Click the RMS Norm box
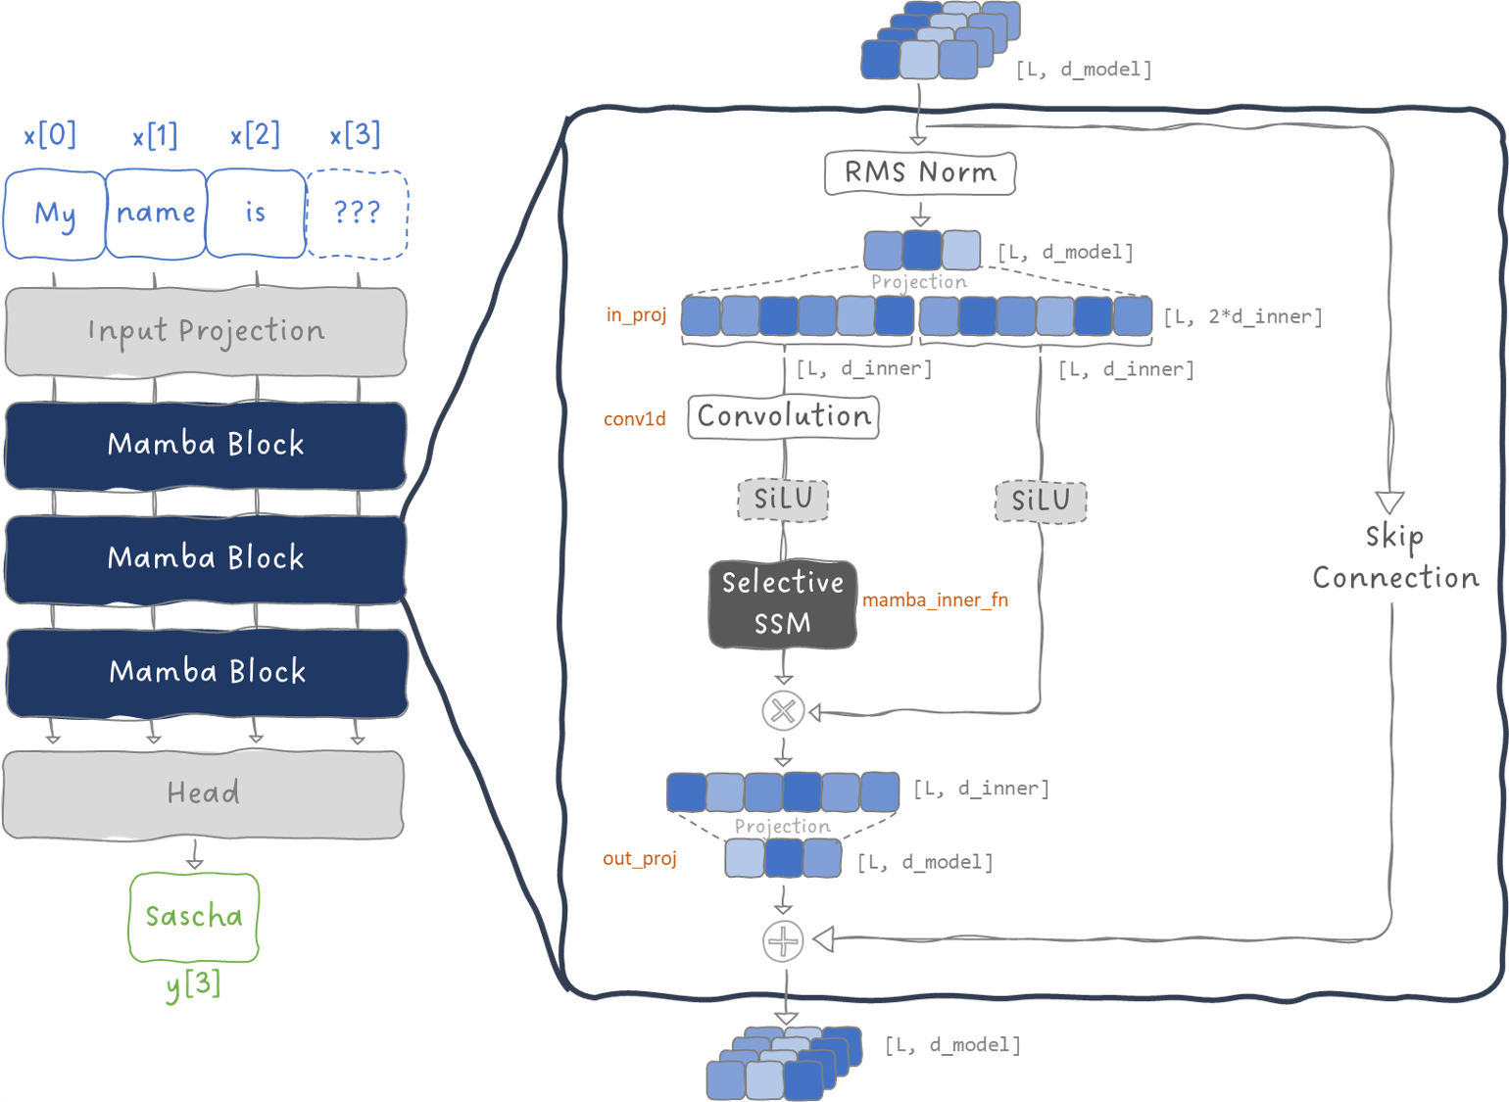click(x=919, y=173)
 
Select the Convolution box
click(x=783, y=416)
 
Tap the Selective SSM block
click(x=783, y=603)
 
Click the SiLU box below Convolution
click(x=783, y=500)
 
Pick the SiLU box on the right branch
click(x=1041, y=502)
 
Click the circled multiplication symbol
click(x=783, y=711)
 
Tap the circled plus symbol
click(x=783, y=941)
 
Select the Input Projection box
click(x=206, y=332)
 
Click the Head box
click(x=204, y=793)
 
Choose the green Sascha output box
click(x=194, y=917)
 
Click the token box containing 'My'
click(x=55, y=215)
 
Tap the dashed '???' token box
click(x=358, y=214)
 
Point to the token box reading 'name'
click(x=156, y=214)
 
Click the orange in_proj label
click(x=636, y=315)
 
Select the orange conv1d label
click(x=634, y=419)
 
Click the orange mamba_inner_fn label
click(x=935, y=600)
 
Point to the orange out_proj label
click(x=639, y=859)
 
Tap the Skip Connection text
click(x=1395, y=557)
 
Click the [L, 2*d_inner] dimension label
click(x=1242, y=317)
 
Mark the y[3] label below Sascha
click(x=194, y=983)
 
